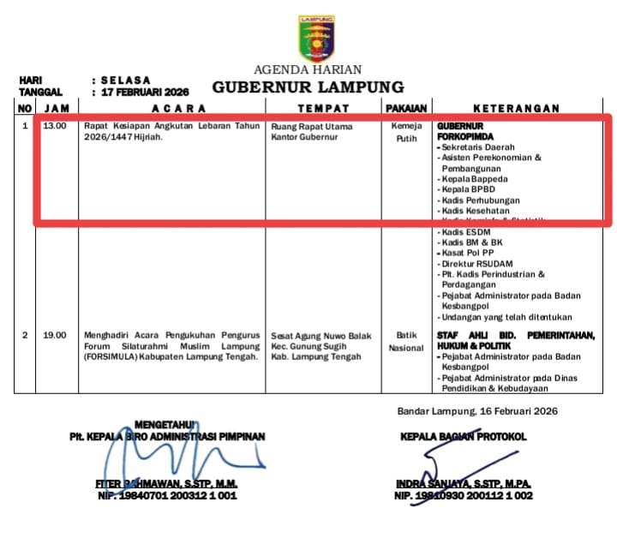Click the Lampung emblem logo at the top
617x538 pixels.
(317, 39)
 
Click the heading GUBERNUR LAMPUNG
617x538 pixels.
(308, 87)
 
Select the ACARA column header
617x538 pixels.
(179, 108)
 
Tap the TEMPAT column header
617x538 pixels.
(323, 108)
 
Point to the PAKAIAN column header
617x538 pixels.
(406, 108)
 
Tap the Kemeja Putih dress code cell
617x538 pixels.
(406, 132)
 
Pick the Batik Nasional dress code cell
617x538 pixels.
(406, 342)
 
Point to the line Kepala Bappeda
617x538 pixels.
(475, 179)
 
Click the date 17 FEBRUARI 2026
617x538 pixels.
(144, 91)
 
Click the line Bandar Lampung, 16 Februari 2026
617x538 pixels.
(477, 411)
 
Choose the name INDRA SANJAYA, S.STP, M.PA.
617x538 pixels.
(463, 484)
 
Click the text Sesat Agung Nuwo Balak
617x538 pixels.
(321, 336)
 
